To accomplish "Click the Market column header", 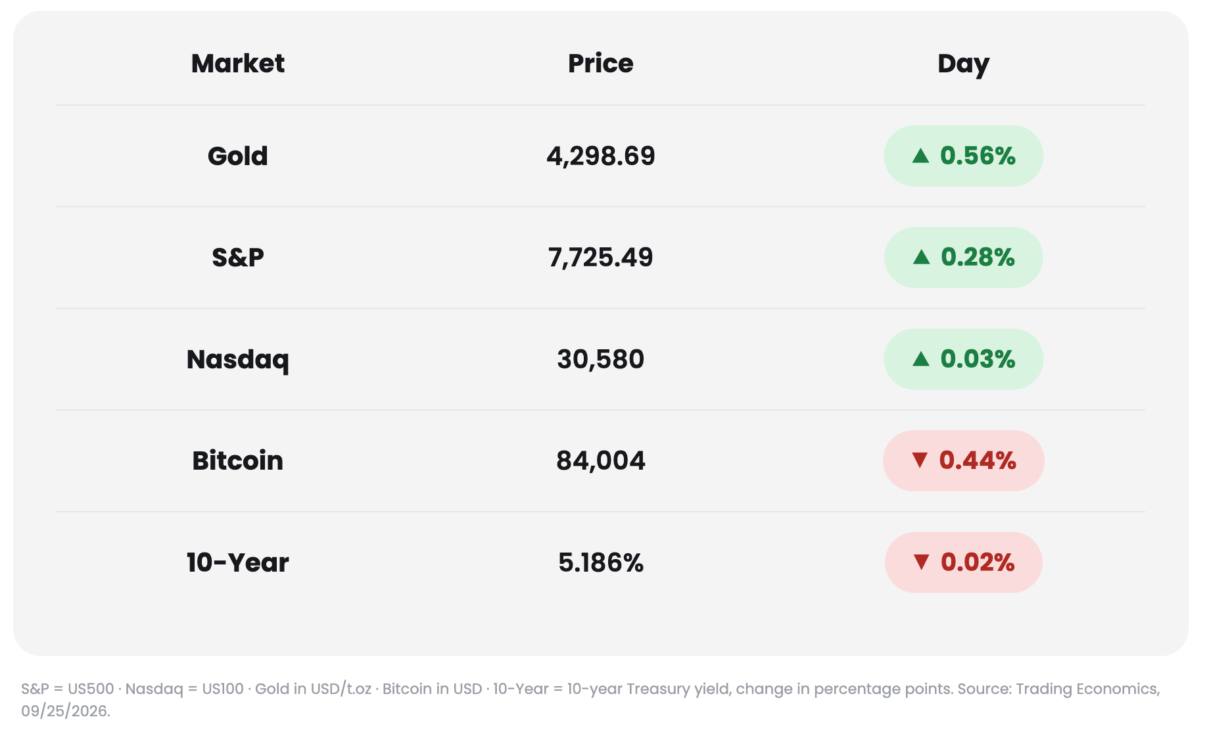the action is tap(238, 64).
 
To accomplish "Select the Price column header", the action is tap(601, 64).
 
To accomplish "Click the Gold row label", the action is tap(238, 156).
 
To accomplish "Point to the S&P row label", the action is tap(238, 257).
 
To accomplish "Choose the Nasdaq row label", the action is tap(238, 360).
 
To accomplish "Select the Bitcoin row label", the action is tap(238, 460).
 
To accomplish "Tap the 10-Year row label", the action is tap(238, 562).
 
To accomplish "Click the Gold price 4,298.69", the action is tap(601, 156).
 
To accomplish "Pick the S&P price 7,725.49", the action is tap(601, 257).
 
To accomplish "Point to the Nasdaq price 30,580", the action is tap(601, 359).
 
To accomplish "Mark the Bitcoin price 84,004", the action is tap(601, 460).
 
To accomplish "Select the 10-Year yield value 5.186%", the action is tap(601, 562).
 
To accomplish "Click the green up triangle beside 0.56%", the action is tap(921, 156).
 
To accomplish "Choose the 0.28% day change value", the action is tap(978, 257).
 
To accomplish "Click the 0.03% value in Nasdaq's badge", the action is tap(978, 359).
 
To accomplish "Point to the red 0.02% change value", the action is tap(978, 562).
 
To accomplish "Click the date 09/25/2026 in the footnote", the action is tap(65, 711).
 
